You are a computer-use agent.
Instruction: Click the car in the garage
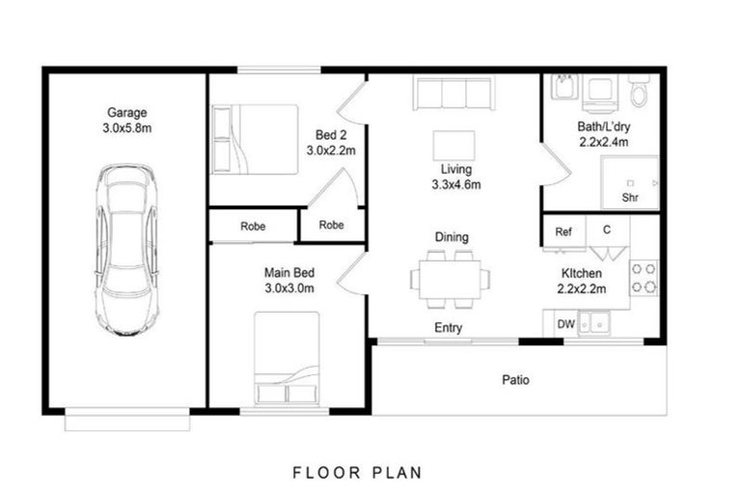coord(126,250)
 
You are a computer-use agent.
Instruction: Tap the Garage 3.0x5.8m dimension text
coord(127,128)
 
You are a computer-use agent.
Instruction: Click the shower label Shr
coord(630,198)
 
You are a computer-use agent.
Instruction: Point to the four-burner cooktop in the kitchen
coord(644,278)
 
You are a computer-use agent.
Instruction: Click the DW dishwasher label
coord(565,324)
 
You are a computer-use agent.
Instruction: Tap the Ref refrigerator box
coord(563,232)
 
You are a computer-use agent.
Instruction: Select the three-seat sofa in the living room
coord(454,93)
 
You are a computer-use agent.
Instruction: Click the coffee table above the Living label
coord(454,146)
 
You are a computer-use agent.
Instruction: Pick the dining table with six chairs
coord(450,280)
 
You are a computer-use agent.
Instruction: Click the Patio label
coord(515,380)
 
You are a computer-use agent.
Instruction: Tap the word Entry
coord(448,328)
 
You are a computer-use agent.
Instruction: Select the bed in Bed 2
coord(255,140)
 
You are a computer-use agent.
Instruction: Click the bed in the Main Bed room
coord(287,358)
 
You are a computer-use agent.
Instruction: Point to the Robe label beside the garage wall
coord(253,227)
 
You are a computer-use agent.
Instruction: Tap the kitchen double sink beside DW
coord(593,323)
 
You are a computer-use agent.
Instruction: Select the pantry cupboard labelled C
coord(608,237)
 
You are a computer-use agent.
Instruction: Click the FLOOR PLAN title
coord(357,473)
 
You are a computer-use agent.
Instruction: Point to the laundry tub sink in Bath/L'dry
coord(564,87)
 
